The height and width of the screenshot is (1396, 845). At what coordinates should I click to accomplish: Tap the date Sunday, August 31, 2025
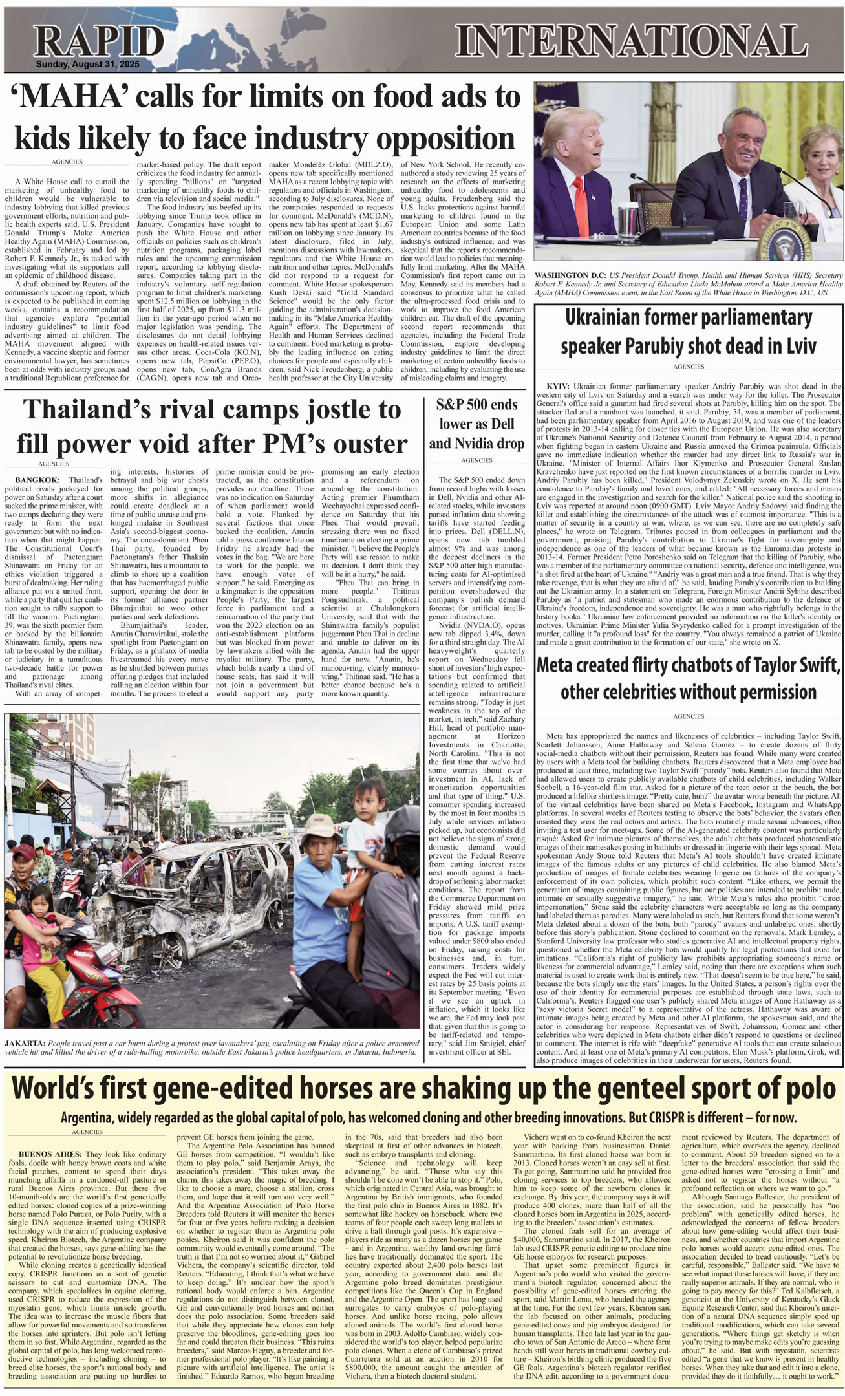pyautogui.click(x=87, y=65)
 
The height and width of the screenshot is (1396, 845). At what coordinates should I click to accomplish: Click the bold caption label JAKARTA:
pyautogui.click(x=25, y=1043)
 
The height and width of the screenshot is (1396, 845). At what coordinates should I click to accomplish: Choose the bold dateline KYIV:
pyautogui.click(x=557, y=386)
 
